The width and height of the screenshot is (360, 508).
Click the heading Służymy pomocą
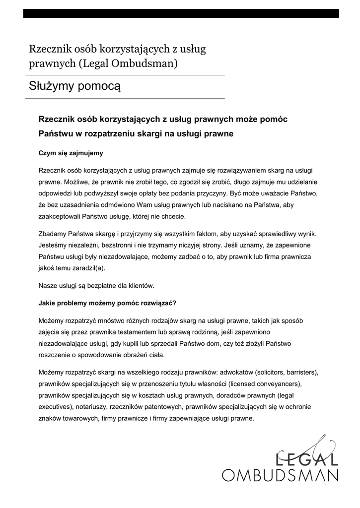tap(74, 86)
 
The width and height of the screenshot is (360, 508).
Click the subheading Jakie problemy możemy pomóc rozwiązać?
tap(108, 302)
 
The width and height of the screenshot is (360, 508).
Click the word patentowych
tap(163, 407)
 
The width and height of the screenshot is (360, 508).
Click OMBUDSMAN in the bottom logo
tap(280, 475)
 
